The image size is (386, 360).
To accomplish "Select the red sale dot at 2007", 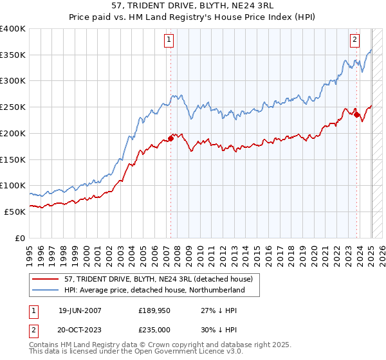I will [171, 138].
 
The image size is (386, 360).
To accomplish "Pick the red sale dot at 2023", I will [357, 115].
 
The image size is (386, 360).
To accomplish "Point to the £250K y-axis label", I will [13, 107].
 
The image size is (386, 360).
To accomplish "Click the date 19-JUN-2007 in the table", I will [80, 310].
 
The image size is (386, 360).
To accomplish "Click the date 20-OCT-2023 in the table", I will [80, 328].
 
